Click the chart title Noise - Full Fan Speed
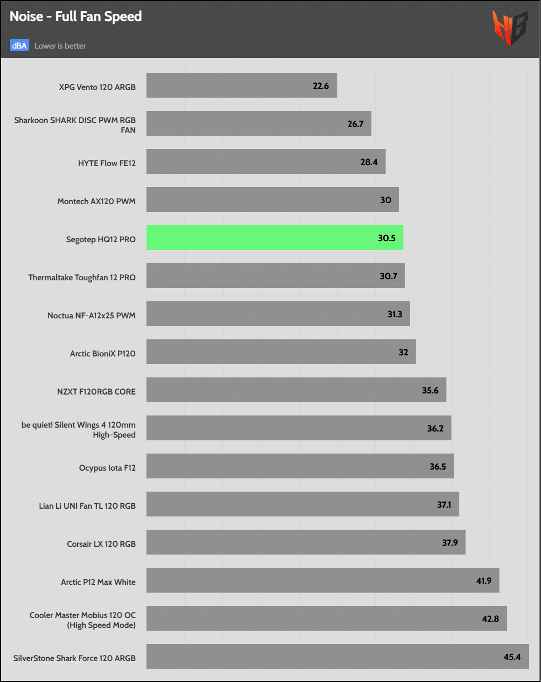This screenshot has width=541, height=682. (76, 17)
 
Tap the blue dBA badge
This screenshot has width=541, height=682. (19, 46)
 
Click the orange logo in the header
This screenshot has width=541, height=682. (510, 28)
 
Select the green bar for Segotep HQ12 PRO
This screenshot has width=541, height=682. (274, 238)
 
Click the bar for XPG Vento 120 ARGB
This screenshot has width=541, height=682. (241, 86)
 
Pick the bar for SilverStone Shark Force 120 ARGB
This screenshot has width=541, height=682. (337, 657)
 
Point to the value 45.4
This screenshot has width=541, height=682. (512, 657)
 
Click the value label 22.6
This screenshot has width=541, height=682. (321, 86)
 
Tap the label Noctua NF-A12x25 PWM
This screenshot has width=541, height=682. (92, 316)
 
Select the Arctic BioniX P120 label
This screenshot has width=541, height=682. (103, 354)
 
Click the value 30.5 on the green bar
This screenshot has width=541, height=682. (386, 238)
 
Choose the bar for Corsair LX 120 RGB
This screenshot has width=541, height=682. (306, 542)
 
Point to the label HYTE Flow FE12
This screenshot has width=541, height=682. (107, 163)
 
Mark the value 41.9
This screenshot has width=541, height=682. (484, 580)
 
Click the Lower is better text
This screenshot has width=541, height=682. (60, 46)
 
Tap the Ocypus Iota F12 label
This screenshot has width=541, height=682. (107, 468)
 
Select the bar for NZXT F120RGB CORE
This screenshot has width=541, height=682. (296, 390)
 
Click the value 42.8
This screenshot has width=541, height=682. (490, 619)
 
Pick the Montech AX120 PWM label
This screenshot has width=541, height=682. (97, 201)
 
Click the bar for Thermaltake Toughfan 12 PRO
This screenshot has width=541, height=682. (275, 276)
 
